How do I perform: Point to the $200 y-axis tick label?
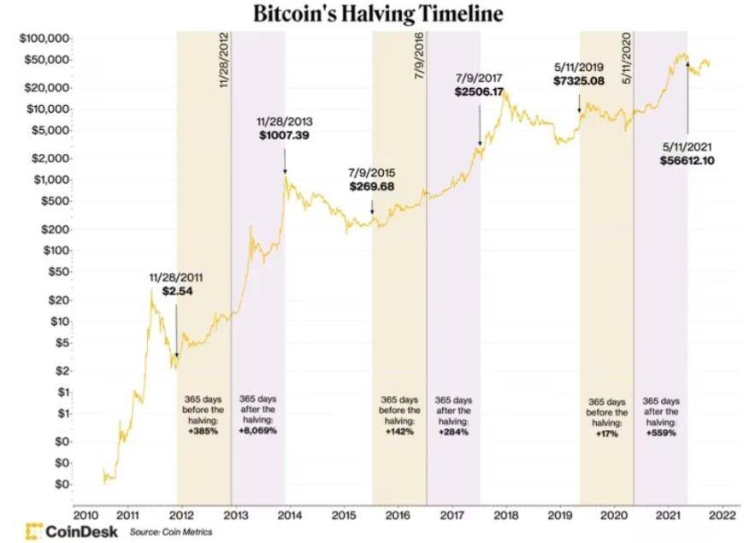(53, 229)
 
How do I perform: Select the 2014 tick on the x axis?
(289, 516)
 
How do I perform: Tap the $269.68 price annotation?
(372, 186)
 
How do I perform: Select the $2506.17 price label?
(479, 91)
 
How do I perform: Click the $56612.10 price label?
(688, 160)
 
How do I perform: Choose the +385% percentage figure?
(204, 431)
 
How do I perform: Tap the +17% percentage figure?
(607, 434)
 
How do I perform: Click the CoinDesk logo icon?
(34, 531)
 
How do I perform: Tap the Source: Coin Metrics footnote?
(170, 532)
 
